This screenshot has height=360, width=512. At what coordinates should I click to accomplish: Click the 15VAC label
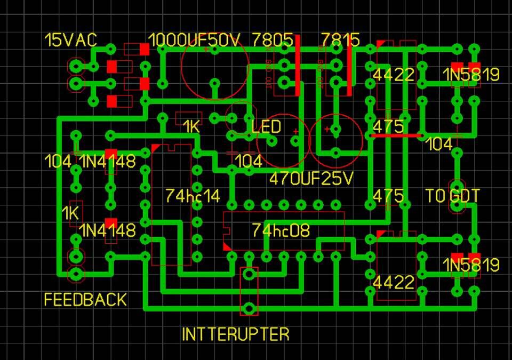(70, 41)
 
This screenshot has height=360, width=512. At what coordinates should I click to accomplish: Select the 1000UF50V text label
(195, 41)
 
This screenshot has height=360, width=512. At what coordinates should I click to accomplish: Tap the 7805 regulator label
(272, 41)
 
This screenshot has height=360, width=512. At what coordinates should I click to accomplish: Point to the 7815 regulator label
(340, 41)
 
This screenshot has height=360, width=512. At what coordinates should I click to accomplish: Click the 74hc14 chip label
(193, 195)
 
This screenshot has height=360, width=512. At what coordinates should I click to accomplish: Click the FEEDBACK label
(85, 300)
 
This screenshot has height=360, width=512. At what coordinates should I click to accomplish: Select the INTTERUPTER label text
(236, 334)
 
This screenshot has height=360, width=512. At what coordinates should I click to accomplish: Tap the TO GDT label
(453, 196)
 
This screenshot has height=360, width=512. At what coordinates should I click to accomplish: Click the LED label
(266, 127)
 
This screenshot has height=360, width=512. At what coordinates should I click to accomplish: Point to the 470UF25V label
(311, 179)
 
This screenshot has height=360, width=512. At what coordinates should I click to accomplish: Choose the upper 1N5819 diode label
(471, 75)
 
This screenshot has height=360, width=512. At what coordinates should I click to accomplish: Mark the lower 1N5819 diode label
(471, 265)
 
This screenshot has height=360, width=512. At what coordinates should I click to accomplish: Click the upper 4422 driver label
(394, 75)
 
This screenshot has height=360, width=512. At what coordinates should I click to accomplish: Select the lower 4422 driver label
(394, 282)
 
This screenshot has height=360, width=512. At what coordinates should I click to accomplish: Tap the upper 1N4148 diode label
(108, 161)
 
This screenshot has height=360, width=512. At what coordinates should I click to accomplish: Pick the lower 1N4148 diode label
(108, 230)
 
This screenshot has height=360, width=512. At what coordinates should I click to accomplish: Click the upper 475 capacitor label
(388, 127)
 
